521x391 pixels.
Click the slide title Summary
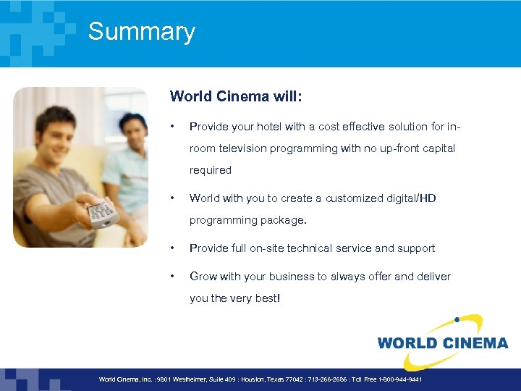(141, 32)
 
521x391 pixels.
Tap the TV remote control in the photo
(101, 213)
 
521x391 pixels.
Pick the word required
(211, 171)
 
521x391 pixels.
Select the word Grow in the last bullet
(203, 277)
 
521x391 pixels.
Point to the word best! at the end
(264, 298)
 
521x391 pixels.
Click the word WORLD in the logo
(407, 343)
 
